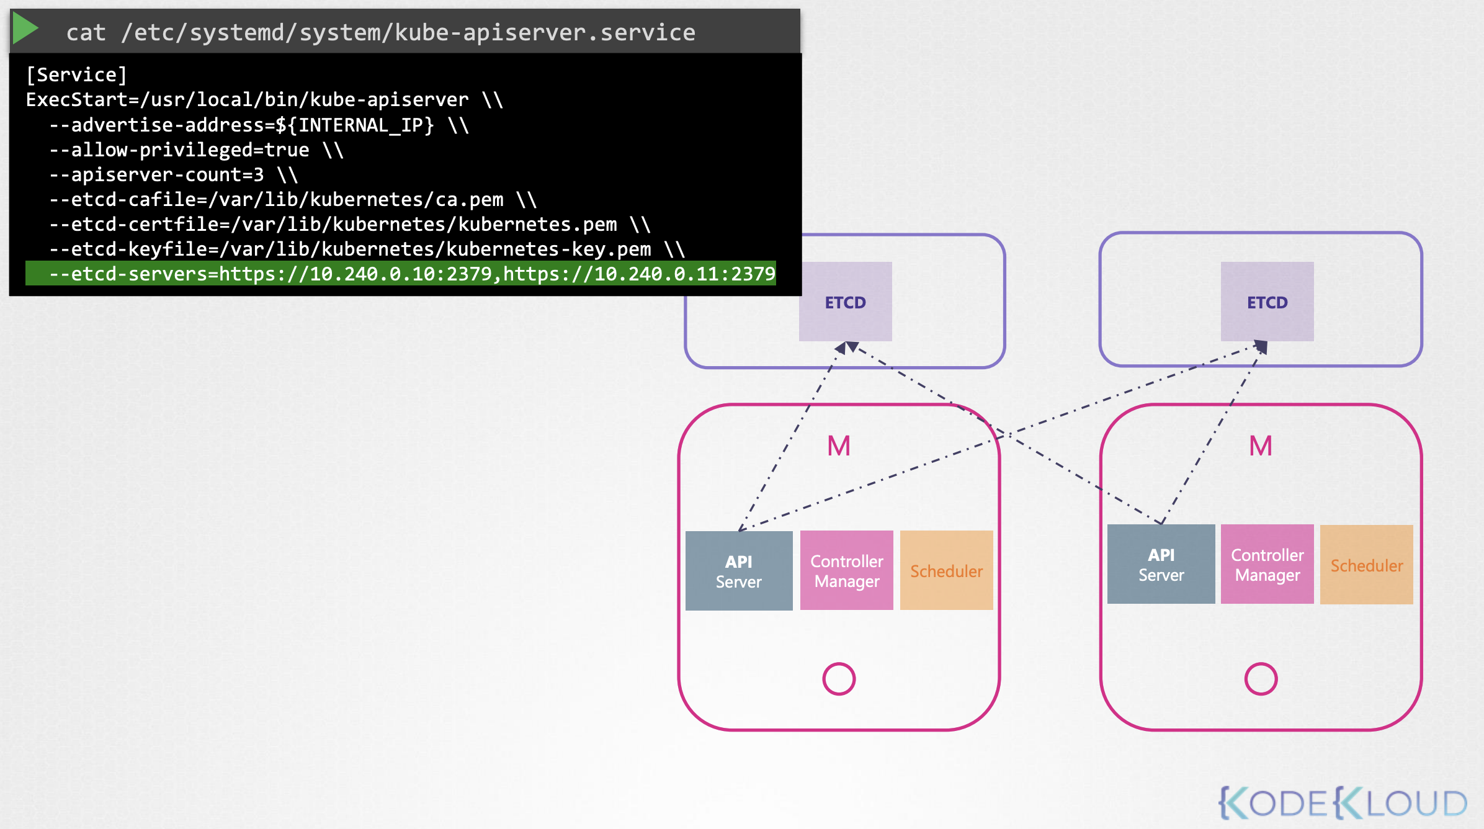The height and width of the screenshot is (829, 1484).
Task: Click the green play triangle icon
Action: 25,29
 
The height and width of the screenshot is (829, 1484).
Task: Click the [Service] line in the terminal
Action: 76,75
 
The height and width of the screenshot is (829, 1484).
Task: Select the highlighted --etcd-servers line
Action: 401,274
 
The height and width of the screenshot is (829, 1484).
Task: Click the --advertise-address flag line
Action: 259,125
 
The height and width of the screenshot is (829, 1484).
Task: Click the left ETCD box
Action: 846,302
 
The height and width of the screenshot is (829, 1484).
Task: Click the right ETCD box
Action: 1267,302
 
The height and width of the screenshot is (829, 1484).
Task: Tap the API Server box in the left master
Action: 739,571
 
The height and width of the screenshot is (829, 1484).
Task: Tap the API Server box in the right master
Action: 1161,564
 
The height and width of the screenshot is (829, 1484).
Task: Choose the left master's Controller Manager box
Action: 847,570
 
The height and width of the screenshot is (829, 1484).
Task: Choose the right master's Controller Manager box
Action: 1267,564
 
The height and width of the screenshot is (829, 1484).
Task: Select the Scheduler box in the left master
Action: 947,570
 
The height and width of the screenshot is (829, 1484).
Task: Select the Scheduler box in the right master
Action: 1367,565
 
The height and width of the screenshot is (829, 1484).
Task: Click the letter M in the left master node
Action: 839,446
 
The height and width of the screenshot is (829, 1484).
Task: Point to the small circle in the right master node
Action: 1261,663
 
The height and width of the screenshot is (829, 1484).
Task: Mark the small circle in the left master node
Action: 839,663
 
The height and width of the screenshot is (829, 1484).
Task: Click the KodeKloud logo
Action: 1343,803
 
